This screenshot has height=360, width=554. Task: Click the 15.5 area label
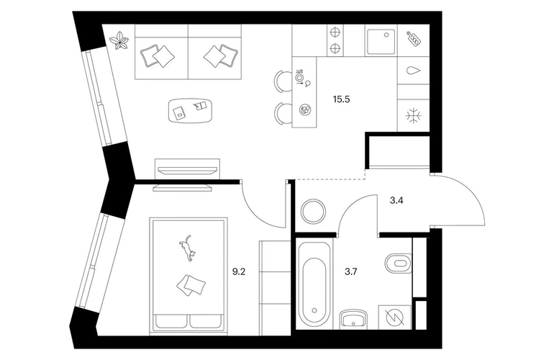[341, 99]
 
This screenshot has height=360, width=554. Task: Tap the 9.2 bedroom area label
[238, 271]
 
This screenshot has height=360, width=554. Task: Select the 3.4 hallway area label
[396, 201]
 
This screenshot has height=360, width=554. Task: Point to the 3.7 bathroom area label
[351, 271]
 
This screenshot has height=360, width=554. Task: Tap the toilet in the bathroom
[398, 263]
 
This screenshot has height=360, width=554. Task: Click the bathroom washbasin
[354, 320]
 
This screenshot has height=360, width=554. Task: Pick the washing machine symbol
[395, 318]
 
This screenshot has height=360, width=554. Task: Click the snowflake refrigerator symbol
[413, 116]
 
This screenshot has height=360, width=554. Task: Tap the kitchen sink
[381, 42]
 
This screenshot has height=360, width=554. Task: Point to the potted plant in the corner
[119, 41]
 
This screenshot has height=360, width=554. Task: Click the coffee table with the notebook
[191, 111]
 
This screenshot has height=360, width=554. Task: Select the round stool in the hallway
[314, 211]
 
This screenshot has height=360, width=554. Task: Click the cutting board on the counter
[414, 38]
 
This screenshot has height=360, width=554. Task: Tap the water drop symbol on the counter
[414, 71]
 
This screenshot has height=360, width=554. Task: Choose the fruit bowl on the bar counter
[304, 109]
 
